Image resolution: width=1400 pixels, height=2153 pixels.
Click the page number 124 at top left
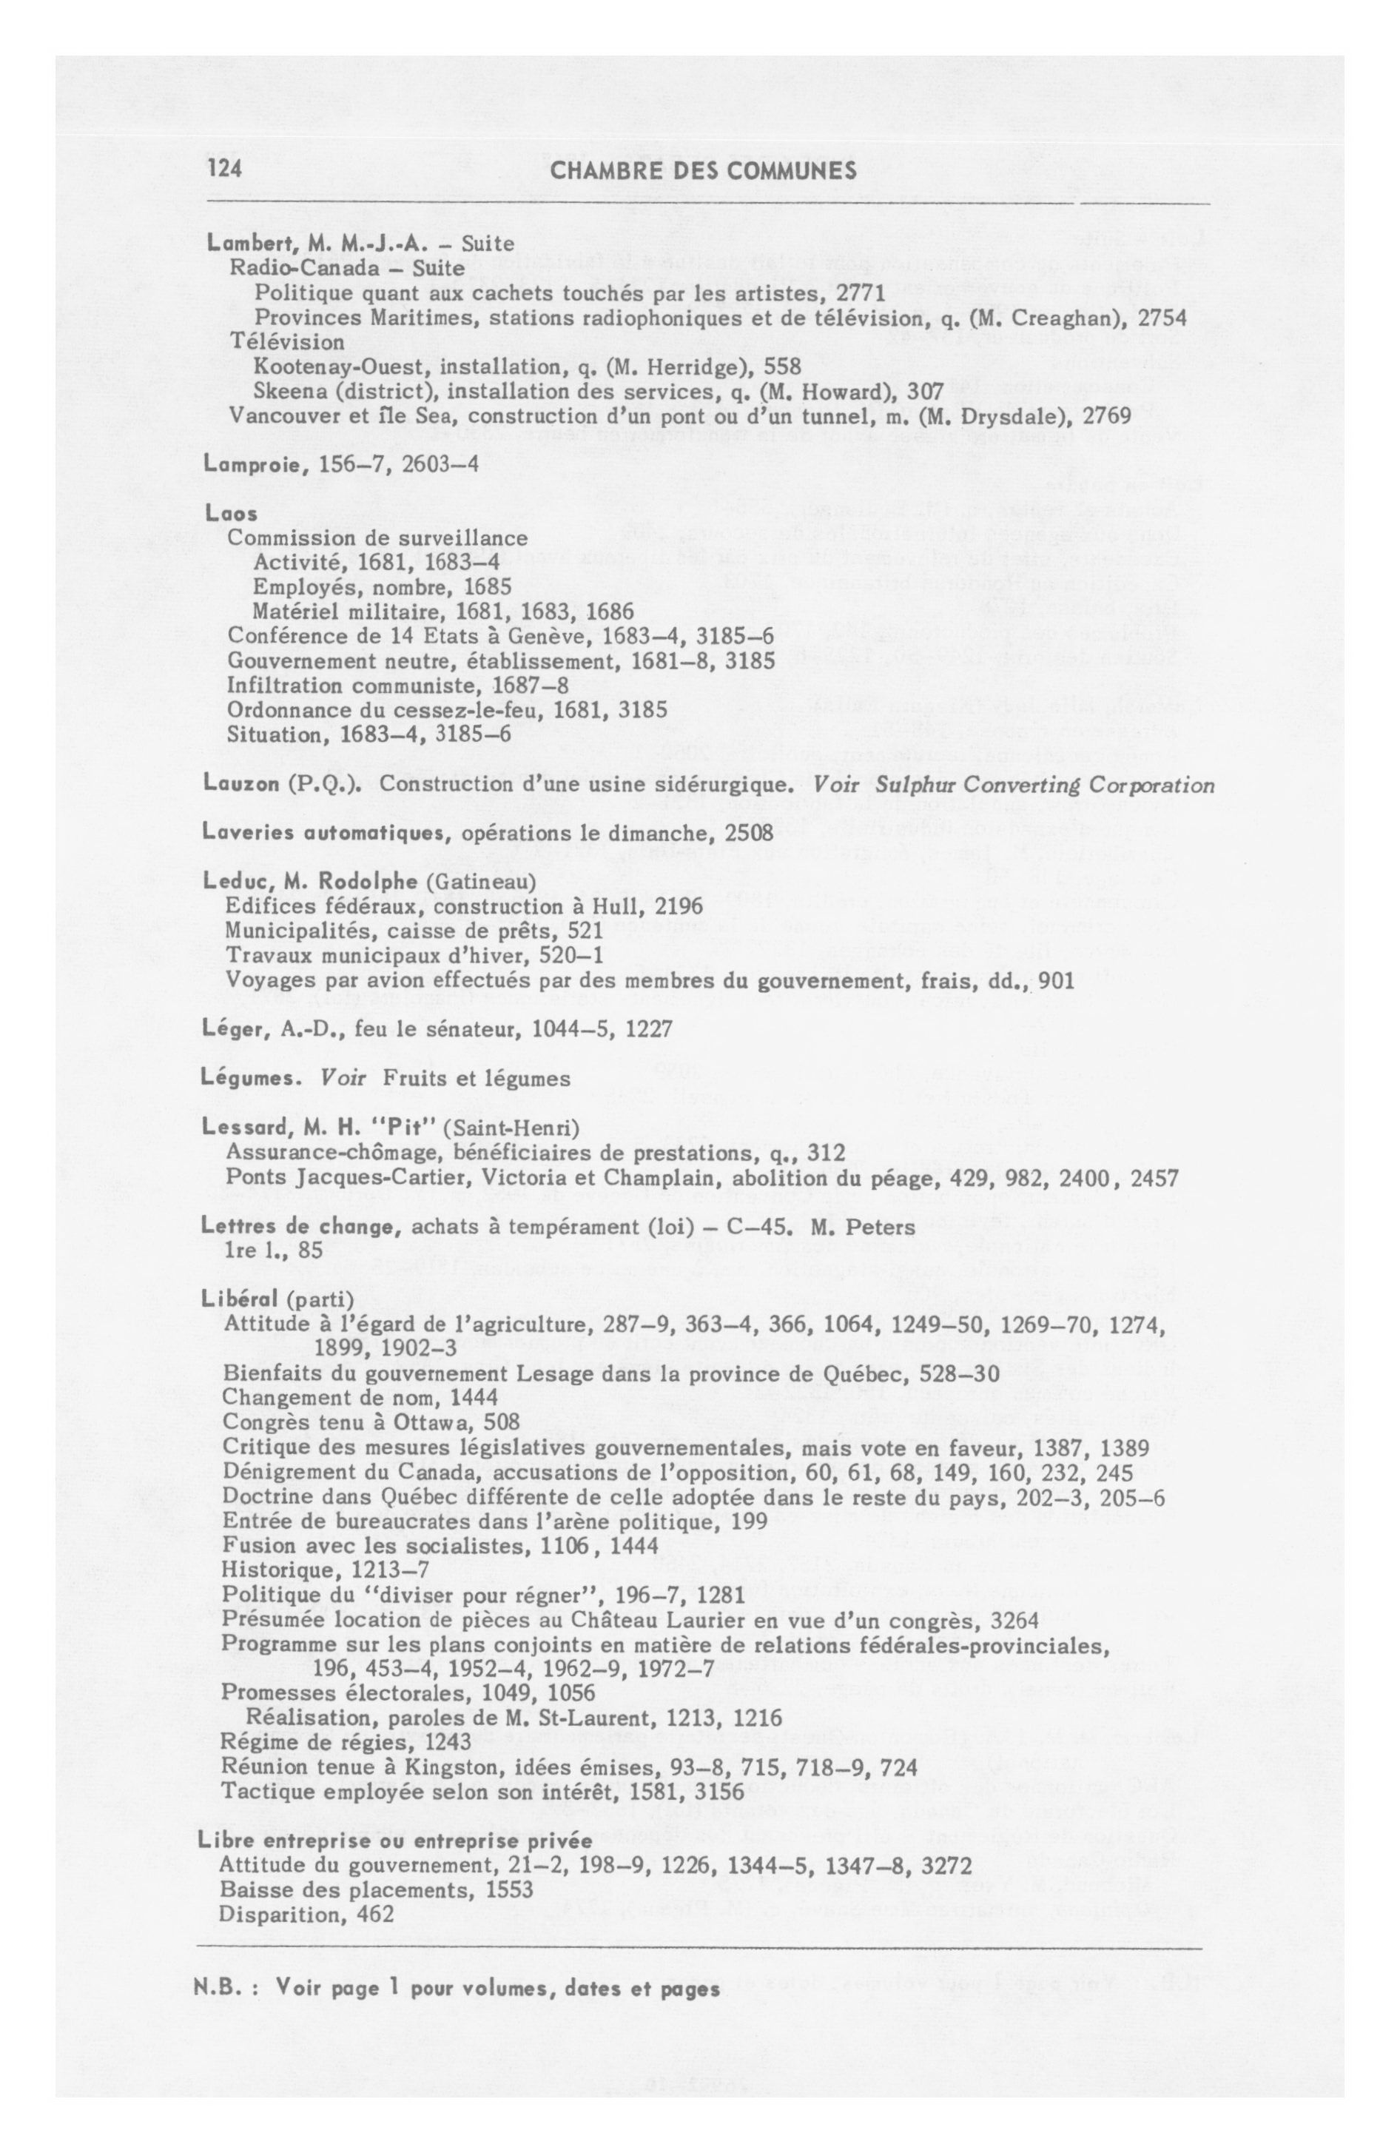[x=224, y=169]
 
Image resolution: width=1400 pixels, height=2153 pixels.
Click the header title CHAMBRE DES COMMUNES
[x=703, y=170]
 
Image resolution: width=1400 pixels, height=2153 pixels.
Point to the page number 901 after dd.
[x=1055, y=980]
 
